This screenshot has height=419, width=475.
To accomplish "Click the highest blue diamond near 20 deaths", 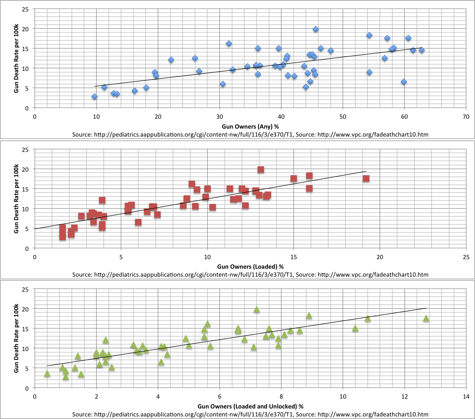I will click(315, 29).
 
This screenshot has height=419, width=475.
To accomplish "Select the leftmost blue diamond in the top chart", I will click(94, 97).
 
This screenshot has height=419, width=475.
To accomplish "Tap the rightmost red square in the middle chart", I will click(366, 178).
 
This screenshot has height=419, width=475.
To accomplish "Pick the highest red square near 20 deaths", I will click(261, 169).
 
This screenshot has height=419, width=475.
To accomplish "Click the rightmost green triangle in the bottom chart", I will click(426, 318).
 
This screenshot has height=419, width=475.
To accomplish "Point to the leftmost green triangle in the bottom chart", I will click(47, 374).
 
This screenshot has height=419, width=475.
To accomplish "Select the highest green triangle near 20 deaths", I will click(257, 310).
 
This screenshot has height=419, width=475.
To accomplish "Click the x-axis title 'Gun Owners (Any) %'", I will click(250, 127).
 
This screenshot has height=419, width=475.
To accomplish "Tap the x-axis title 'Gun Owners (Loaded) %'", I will click(250, 266).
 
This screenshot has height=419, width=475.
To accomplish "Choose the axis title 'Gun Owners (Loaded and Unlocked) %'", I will click(250, 406).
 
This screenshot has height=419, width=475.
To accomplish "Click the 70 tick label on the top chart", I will click(466, 117).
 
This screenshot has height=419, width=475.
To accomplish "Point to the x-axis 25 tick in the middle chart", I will click(466, 257).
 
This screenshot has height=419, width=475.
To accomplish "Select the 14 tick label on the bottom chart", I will click(466, 397).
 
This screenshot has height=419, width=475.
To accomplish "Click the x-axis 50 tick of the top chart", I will click(343, 117).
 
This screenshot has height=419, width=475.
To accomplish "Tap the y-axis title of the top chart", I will click(16, 58).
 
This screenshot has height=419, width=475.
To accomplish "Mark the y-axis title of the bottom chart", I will click(16, 338).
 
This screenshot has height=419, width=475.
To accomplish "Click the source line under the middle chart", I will click(250, 274).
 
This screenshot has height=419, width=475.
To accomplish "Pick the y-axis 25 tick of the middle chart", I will click(25, 150).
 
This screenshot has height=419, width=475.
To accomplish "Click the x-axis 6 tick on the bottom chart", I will click(220, 397).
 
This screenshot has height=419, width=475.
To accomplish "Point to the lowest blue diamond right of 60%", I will click(404, 82).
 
